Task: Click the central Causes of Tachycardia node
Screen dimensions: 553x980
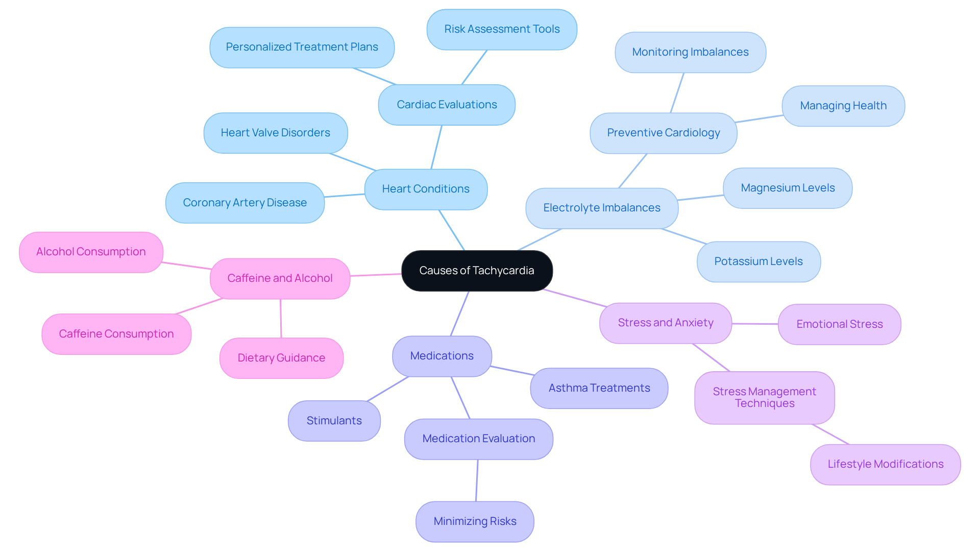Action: pos(477,271)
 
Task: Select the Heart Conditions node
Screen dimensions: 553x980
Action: pos(426,189)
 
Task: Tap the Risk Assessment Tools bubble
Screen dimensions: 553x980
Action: pos(502,29)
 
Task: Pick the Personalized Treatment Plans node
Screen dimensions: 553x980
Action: pos(302,47)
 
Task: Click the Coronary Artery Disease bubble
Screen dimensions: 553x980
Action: pos(245,203)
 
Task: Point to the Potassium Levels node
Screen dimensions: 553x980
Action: pos(758,261)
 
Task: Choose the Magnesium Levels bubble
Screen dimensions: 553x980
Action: pos(788,188)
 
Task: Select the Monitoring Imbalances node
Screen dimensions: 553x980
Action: pos(690,52)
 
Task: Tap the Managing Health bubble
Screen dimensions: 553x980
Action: pos(843,106)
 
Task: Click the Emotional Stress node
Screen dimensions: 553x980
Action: pos(839,324)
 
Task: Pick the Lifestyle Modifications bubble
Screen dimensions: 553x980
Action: pos(885,464)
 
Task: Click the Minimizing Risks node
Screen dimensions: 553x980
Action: pos(475,521)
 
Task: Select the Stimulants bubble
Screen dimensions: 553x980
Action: pos(334,421)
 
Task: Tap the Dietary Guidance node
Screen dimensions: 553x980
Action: pos(281,358)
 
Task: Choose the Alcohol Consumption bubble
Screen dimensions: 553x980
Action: pos(91,252)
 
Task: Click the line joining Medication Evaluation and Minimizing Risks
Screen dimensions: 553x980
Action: pos(477,480)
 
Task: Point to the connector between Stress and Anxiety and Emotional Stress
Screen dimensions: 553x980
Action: pos(755,324)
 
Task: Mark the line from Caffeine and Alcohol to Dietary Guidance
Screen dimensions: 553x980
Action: pos(281,319)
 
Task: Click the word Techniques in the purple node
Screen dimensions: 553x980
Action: pos(765,403)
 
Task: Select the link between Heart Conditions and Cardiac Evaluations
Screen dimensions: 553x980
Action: pos(436,147)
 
